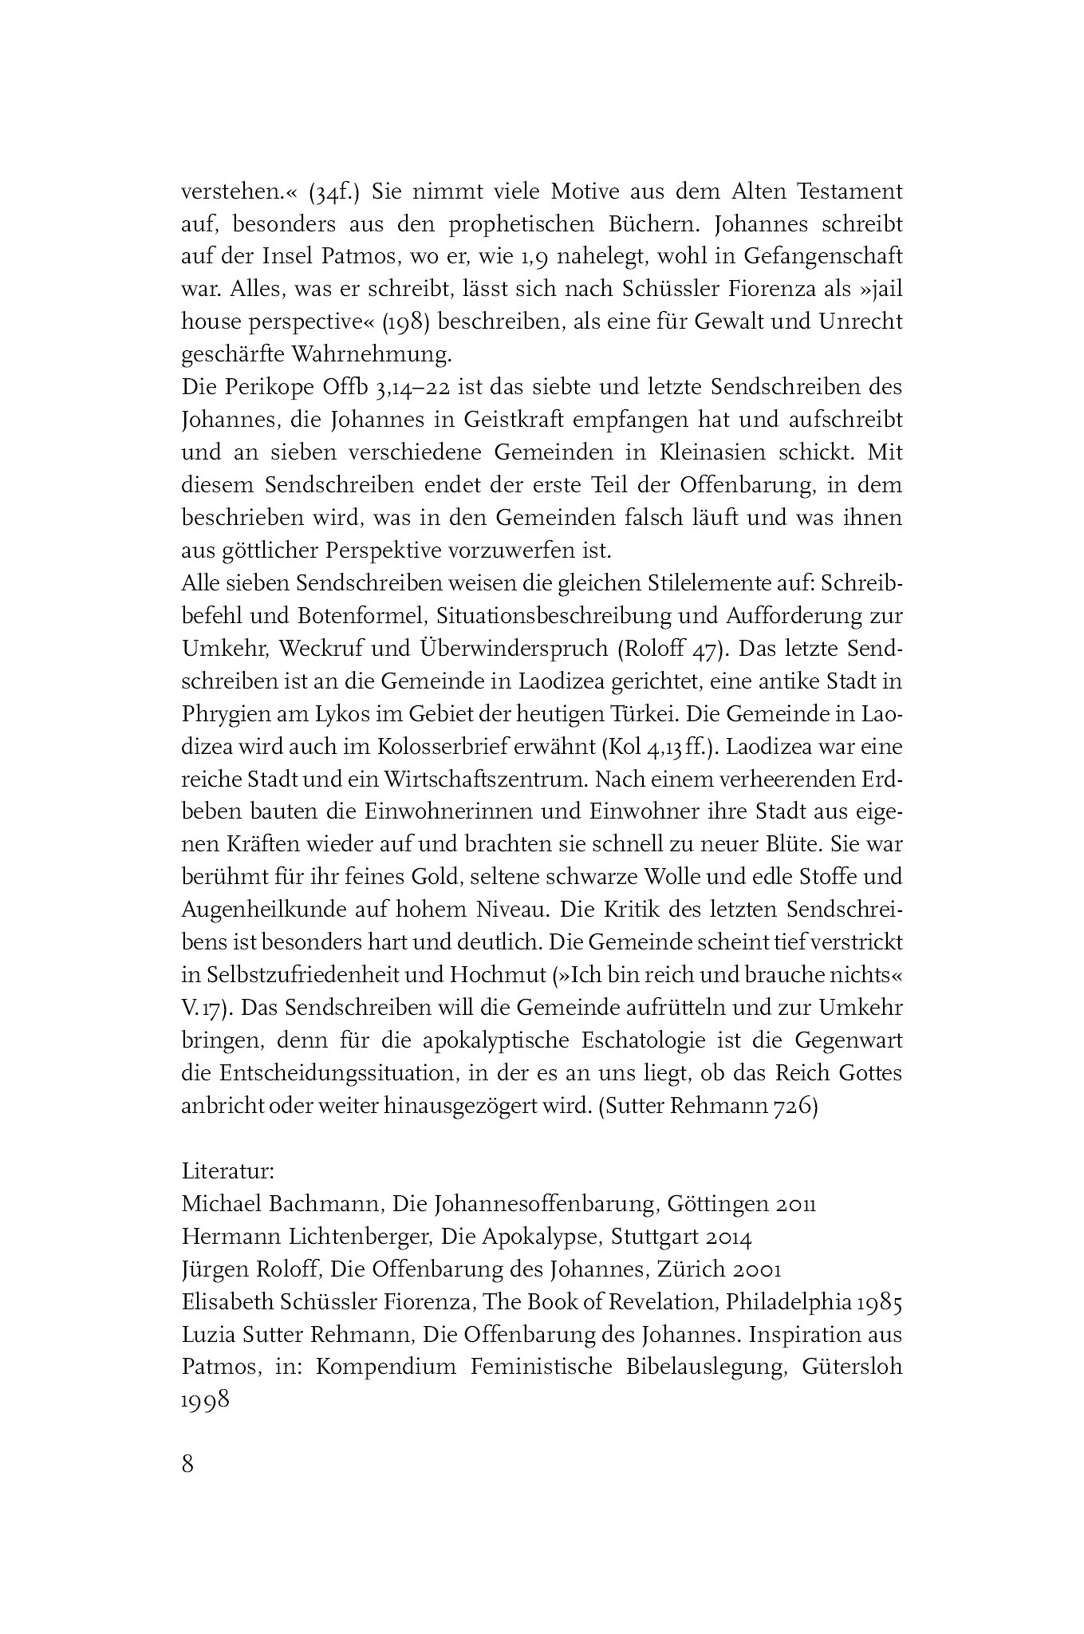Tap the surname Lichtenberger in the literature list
coord(358,1237)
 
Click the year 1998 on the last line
coord(206,1399)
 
